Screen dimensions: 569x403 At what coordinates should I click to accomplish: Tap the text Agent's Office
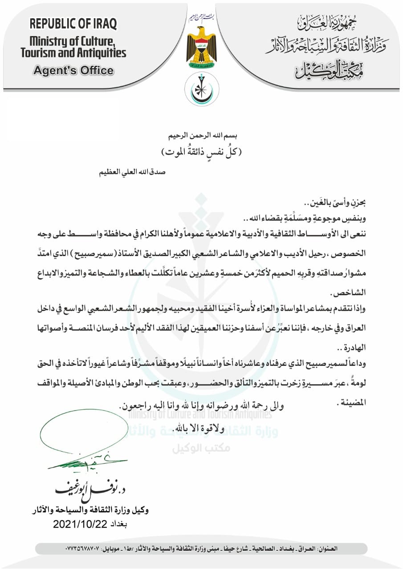[x=73, y=70]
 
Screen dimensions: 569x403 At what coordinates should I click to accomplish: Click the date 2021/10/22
[x=80, y=524]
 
